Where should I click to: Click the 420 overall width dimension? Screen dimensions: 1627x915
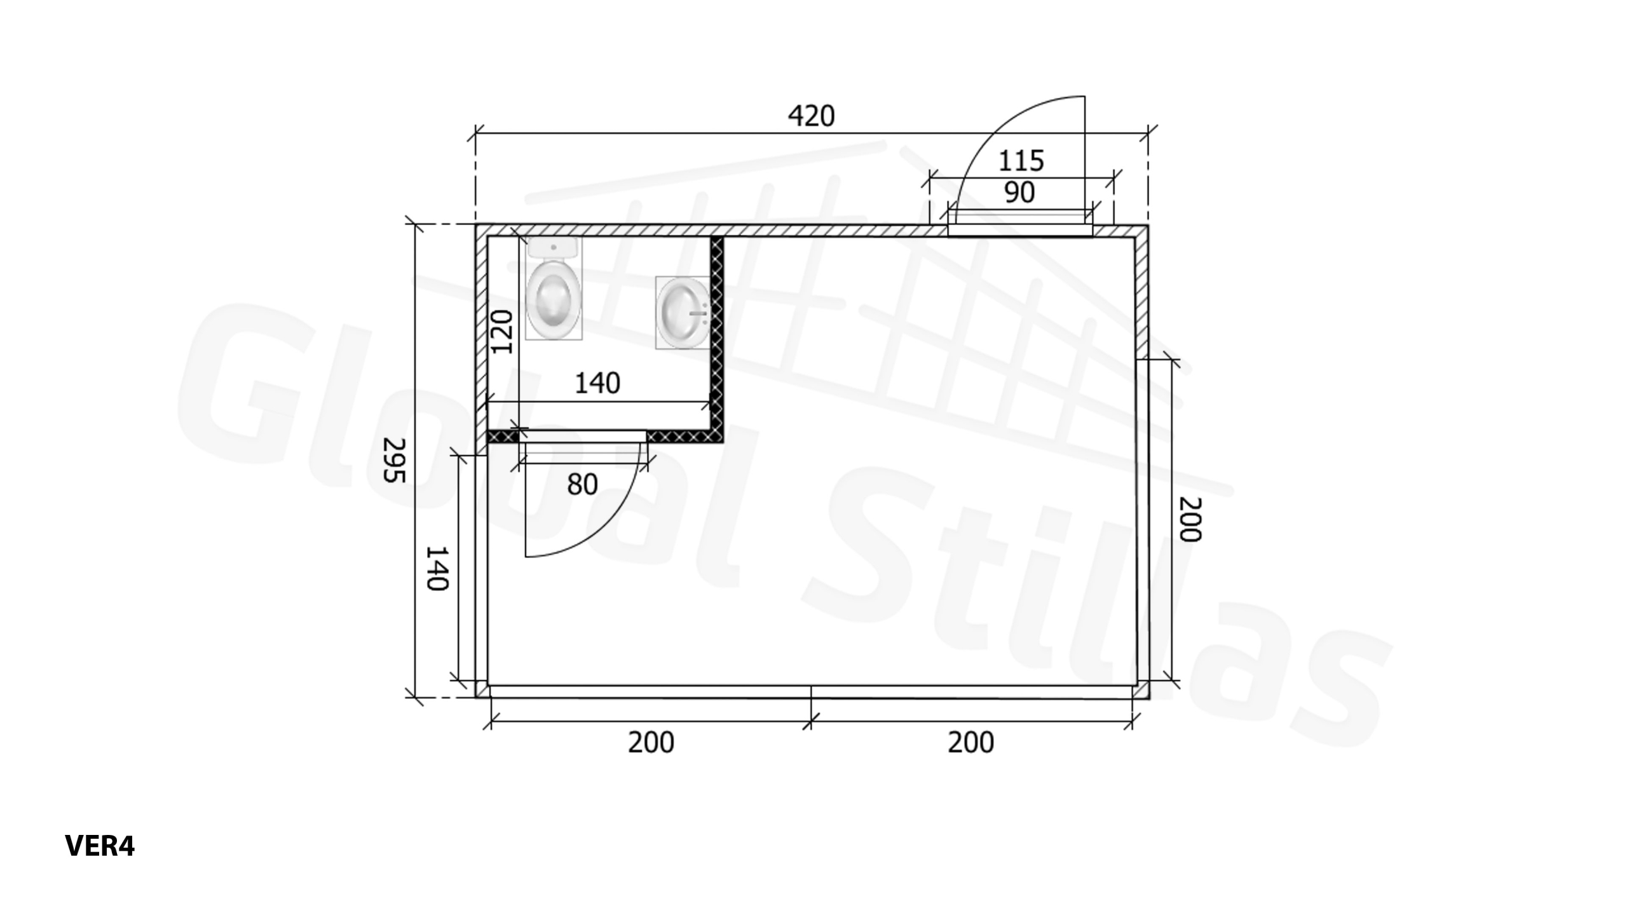click(811, 116)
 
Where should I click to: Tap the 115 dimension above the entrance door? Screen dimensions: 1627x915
click(1021, 161)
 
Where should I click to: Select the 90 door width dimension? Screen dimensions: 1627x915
click(1019, 193)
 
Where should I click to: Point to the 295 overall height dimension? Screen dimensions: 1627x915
click(395, 460)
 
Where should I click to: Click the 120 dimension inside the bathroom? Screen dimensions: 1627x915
click(502, 331)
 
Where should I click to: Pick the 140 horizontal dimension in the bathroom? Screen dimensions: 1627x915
click(597, 383)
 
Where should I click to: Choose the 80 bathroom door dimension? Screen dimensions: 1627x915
click(582, 485)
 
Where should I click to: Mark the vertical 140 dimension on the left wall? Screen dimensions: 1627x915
click(437, 568)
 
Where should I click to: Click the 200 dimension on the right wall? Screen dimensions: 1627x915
click(1190, 519)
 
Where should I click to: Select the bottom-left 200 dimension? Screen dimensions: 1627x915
click(651, 742)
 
